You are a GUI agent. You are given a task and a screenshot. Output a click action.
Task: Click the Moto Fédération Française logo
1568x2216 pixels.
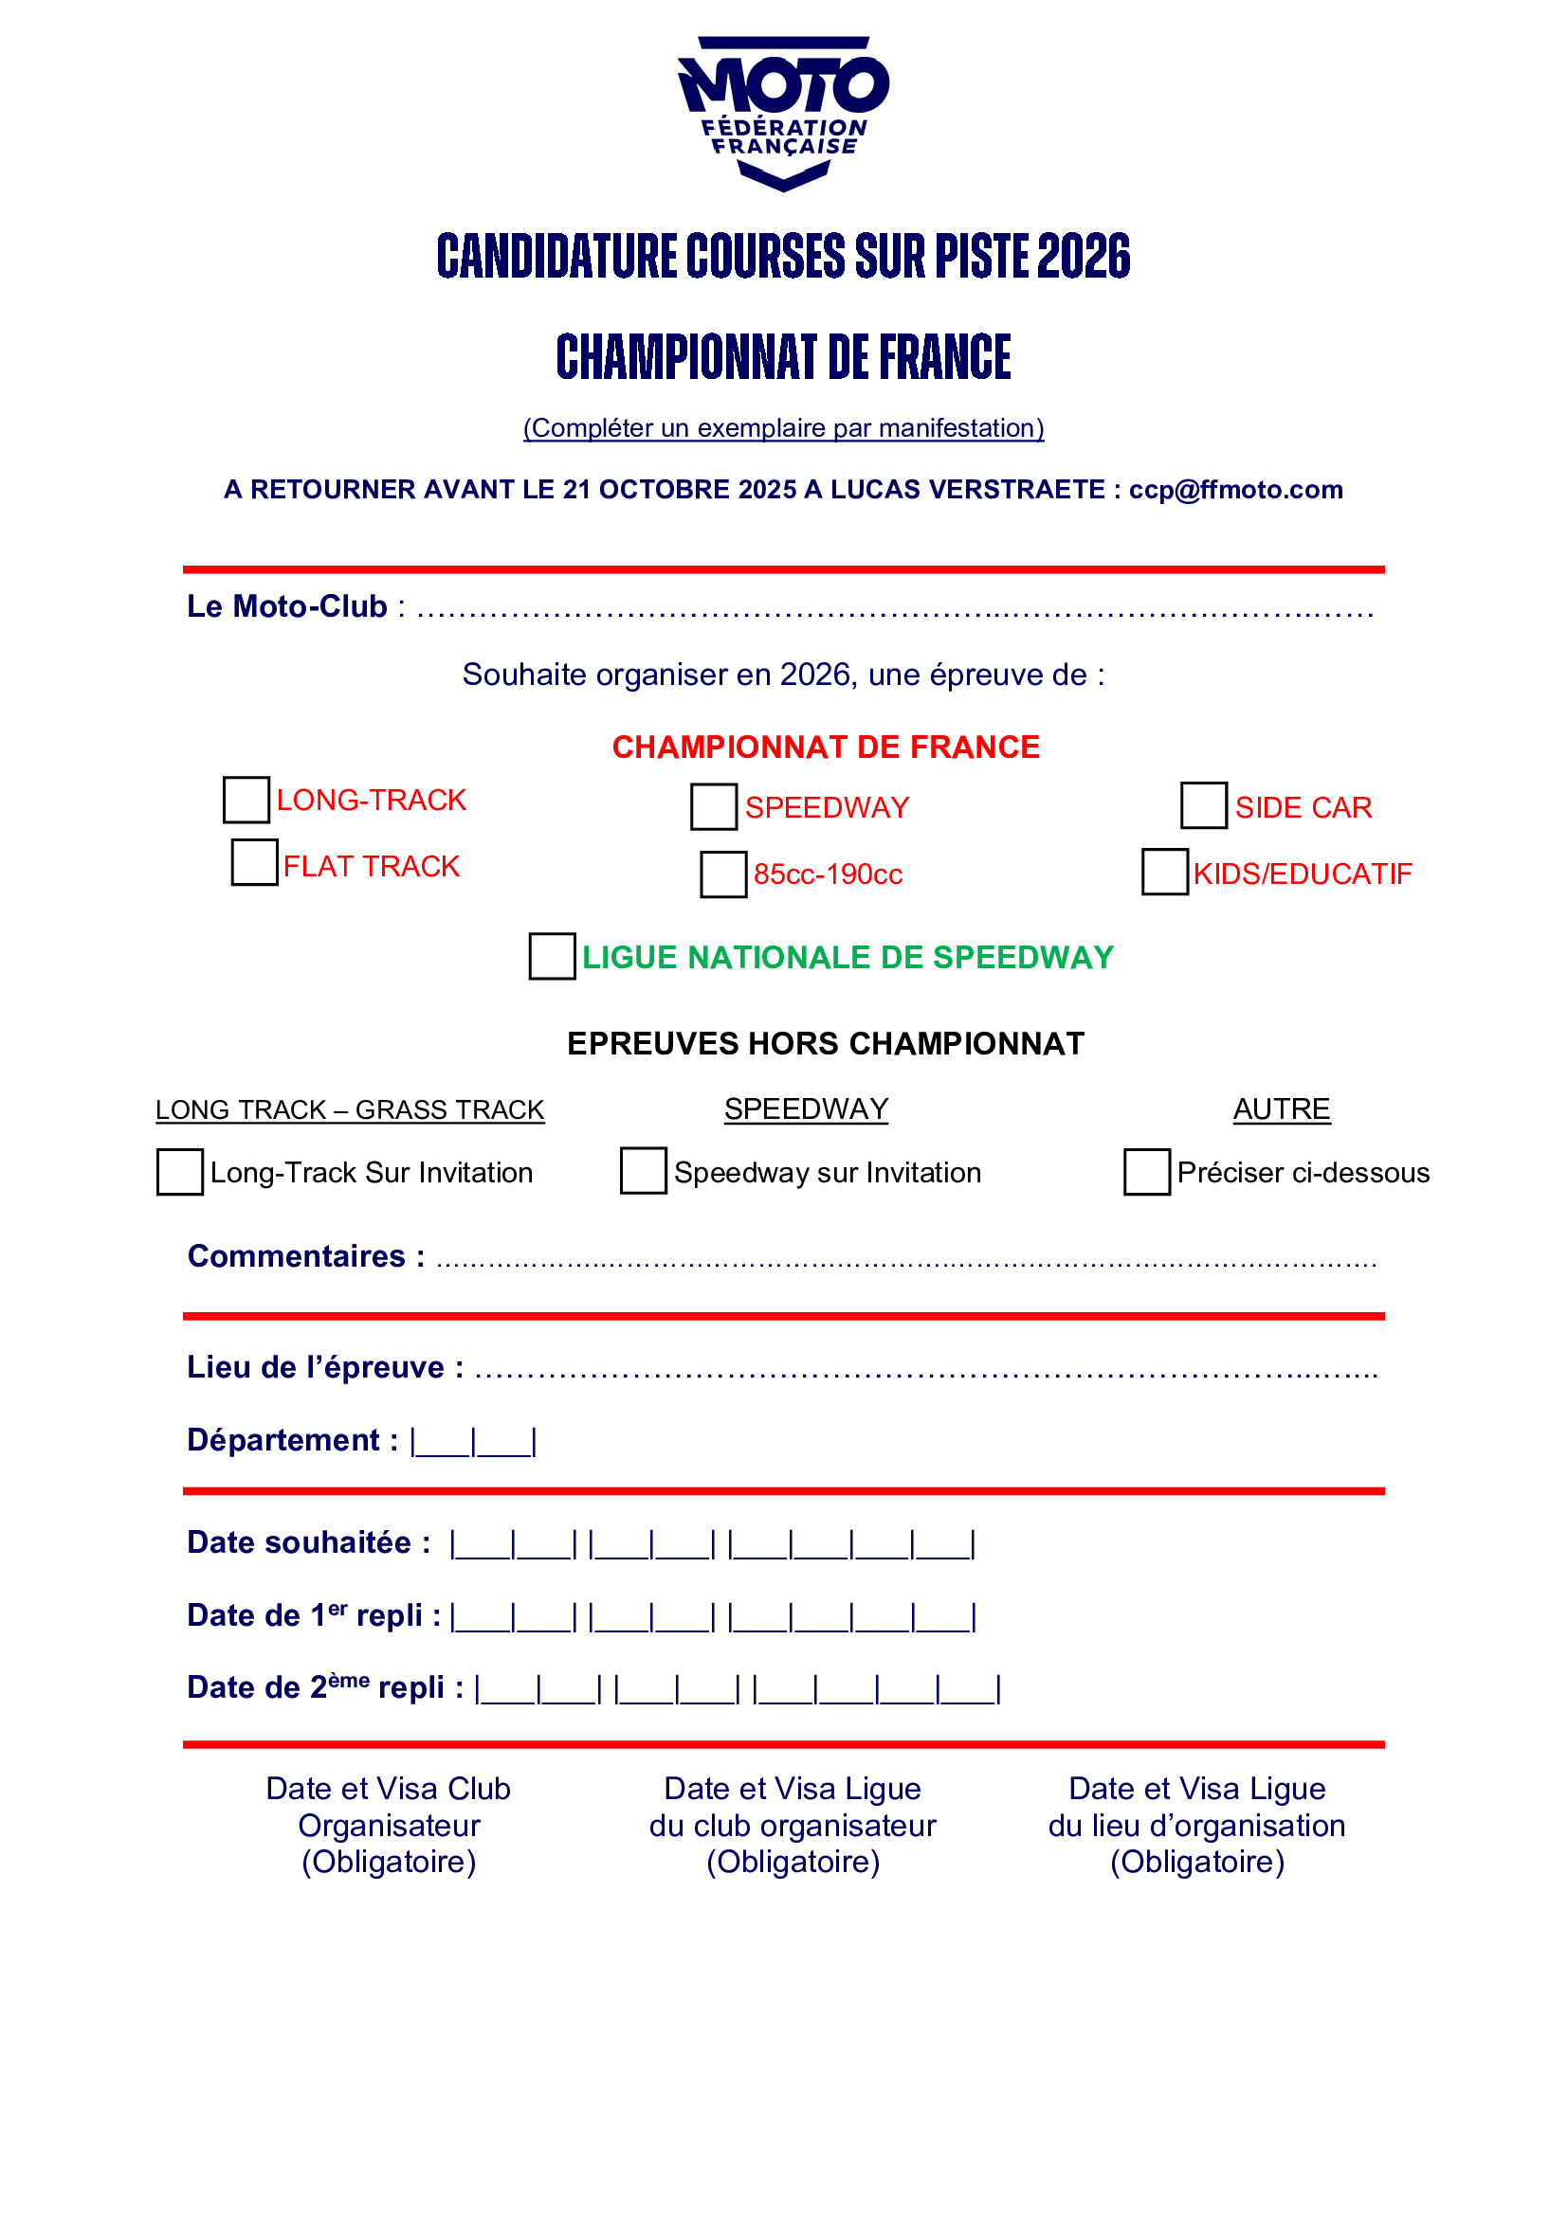tap(783, 113)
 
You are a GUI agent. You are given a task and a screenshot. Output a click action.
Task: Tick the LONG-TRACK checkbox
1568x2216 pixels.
tap(246, 801)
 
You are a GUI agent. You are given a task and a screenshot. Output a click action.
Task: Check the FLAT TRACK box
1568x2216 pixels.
tap(255, 862)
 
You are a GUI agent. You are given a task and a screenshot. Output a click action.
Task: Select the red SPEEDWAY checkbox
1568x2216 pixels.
tap(715, 807)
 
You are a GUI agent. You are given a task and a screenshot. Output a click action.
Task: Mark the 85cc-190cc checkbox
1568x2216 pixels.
tap(724, 874)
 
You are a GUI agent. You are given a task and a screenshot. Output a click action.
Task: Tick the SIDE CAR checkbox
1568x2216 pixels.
tap(1204, 805)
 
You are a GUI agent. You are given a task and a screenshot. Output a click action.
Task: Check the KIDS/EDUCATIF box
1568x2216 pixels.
tap(1165, 872)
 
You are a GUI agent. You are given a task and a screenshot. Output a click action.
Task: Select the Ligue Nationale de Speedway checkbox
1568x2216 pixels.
tap(553, 956)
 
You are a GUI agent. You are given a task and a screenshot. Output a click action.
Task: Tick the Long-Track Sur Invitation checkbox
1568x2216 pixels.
tap(180, 1172)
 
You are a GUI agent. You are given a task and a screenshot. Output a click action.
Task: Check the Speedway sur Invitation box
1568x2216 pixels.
tap(643, 1170)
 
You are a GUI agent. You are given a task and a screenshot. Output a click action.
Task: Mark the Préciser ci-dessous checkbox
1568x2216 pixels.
tap(1147, 1172)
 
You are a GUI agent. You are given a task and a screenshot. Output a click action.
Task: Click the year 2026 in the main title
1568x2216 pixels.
tap(1085, 256)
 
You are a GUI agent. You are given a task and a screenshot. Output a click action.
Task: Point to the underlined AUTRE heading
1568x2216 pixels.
tap(1282, 1109)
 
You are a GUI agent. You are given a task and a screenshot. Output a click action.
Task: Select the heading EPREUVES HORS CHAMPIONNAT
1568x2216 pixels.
tap(826, 1043)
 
